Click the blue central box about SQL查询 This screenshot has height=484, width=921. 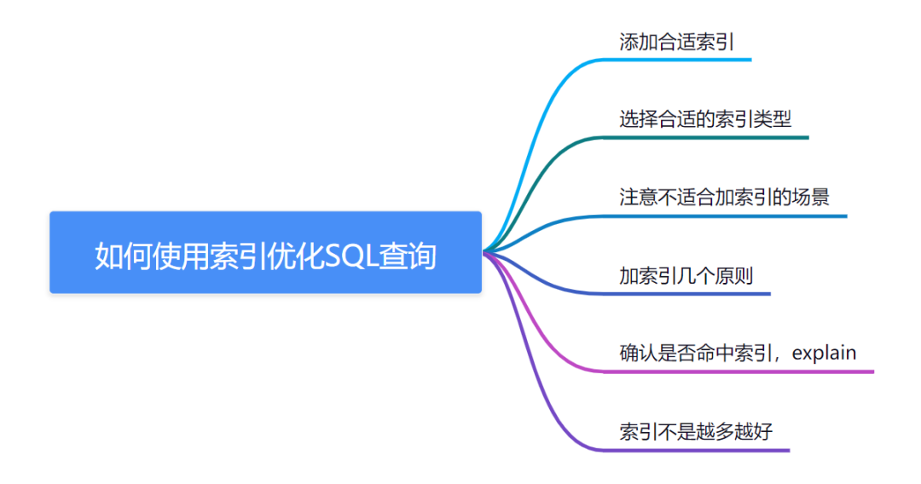click(265, 252)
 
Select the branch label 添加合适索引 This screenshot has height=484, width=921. click(676, 42)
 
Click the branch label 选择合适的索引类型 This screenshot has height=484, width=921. click(705, 119)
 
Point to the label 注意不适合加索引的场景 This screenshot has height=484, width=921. click(724, 197)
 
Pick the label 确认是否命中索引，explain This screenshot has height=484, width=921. click(738, 353)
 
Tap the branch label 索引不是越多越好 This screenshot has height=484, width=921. click(696, 431)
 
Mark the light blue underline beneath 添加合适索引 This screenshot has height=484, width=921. click(682, 60)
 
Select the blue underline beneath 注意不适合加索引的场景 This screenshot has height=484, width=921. click(733, 216)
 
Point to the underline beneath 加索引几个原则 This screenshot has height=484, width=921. click(691, 294)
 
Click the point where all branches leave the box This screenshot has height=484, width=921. click(484, 252)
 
